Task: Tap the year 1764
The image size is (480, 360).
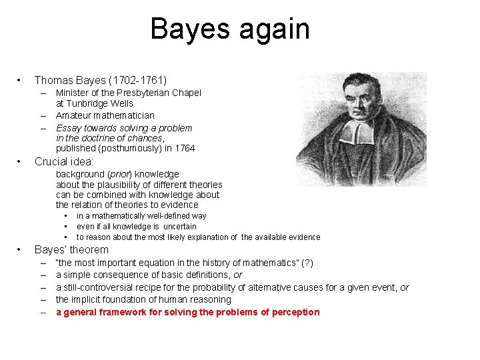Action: coord(184,148)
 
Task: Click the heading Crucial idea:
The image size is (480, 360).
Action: coord(63,162)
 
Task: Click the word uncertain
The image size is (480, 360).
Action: coord(180,227)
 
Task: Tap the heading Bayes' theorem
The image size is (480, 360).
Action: coord(71,250)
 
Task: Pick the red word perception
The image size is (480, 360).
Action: coord(295,312)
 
